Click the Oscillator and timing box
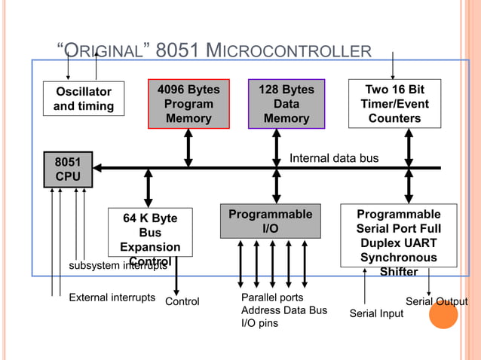[84, 99]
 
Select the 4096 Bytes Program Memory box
[188, 104]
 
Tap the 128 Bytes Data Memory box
[286, 104]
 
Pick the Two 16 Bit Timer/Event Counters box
[395, 104]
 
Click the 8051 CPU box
[68, 169]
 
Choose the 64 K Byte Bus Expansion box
[150, 232]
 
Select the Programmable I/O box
[271, 221]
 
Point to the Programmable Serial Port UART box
[399, 235]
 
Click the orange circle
[443, 315]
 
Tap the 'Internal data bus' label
[334, 158]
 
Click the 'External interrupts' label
[112, 297]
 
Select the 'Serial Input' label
[376, 313]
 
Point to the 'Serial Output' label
[437, 301]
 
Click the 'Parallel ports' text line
[272, 297]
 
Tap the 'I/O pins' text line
[259, 323]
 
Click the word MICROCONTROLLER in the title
[288, 50]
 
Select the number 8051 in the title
[177, 50]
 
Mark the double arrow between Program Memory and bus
[188, 148]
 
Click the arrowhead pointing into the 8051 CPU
[97, 168]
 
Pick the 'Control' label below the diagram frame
[182, 301]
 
